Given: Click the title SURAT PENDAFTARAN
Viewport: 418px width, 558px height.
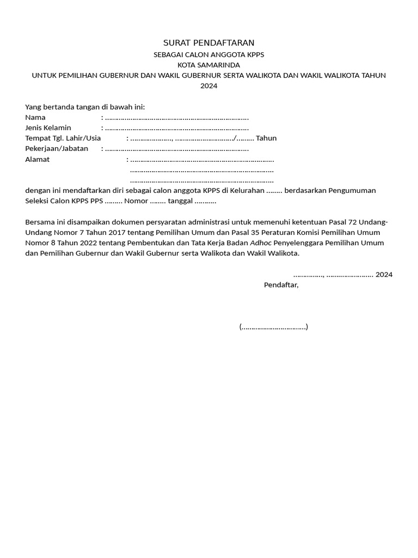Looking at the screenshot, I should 209,43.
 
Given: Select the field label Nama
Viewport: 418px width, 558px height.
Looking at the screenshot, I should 35,117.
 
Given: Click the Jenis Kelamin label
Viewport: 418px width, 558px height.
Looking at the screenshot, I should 48,128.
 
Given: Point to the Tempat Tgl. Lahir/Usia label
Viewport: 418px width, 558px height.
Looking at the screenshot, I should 63,138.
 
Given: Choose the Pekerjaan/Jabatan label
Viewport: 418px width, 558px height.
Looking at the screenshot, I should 57,148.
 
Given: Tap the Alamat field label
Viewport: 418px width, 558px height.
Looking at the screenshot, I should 37,159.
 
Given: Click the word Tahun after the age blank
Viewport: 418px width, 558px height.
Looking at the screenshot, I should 266,138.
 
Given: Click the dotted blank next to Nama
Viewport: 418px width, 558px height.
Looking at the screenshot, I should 177,118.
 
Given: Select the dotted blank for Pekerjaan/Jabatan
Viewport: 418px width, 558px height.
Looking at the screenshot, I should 177,149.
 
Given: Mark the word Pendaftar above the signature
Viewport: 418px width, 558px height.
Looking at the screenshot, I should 281,285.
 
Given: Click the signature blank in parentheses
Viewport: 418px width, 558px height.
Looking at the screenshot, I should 273,327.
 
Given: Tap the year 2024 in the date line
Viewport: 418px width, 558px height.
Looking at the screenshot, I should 384,275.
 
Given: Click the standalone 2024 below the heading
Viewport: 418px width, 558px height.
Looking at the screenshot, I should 209,86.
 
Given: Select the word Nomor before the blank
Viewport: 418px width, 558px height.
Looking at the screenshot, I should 136,201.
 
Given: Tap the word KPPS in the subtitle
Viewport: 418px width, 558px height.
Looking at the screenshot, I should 255,54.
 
